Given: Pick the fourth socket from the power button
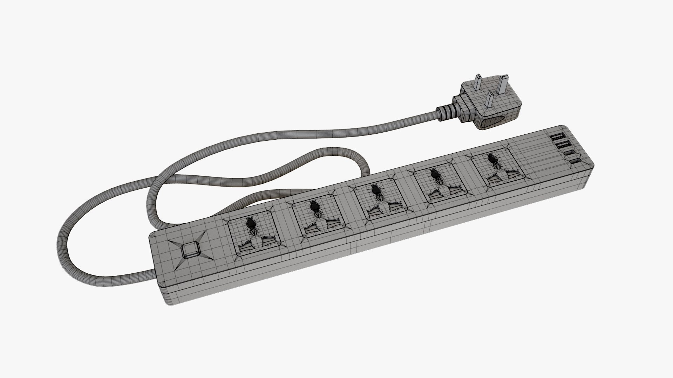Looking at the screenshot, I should click(436, 184).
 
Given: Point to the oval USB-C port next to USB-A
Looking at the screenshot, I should click(570, 153).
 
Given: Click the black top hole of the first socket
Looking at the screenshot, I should click(250, 223).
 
